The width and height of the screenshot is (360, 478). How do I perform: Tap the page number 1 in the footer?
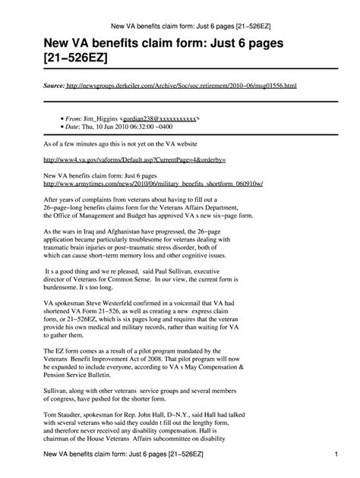[335, 454]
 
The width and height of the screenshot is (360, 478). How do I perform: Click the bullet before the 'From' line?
[61, 120]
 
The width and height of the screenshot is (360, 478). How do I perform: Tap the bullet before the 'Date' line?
[61, 127]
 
